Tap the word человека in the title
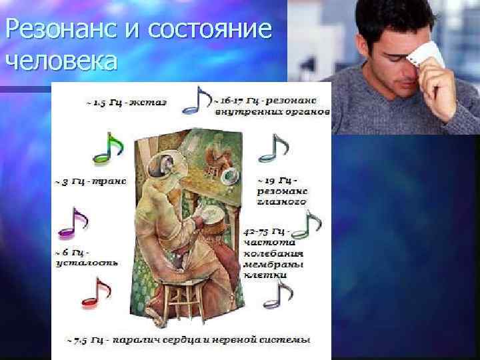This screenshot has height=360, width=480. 61,61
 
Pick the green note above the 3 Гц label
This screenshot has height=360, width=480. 107,149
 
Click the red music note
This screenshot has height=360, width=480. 95,294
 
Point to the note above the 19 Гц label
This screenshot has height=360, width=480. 273,148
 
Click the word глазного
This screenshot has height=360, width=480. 281,200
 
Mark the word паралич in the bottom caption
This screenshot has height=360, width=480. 136,340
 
